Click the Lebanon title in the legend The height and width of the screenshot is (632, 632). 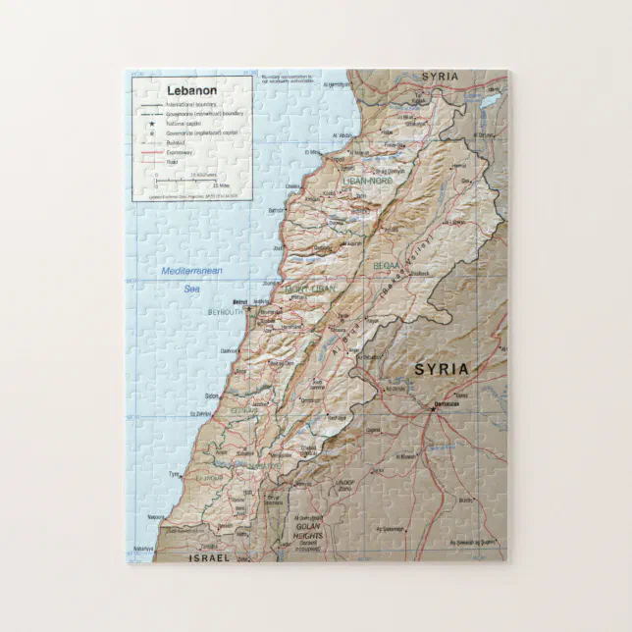point(191,90)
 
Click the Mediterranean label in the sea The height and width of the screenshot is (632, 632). point(192,271)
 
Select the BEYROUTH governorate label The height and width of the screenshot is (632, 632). point(226,312)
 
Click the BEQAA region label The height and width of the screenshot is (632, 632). point(387,265)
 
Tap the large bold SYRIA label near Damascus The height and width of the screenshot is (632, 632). point(442,369)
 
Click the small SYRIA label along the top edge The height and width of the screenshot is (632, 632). point(440,76)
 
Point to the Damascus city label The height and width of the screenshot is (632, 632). point(445,402)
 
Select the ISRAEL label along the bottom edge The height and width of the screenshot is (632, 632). point(208,556)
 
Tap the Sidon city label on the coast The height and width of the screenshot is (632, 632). point(212,395)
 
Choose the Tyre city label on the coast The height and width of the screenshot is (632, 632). point(176,474)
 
